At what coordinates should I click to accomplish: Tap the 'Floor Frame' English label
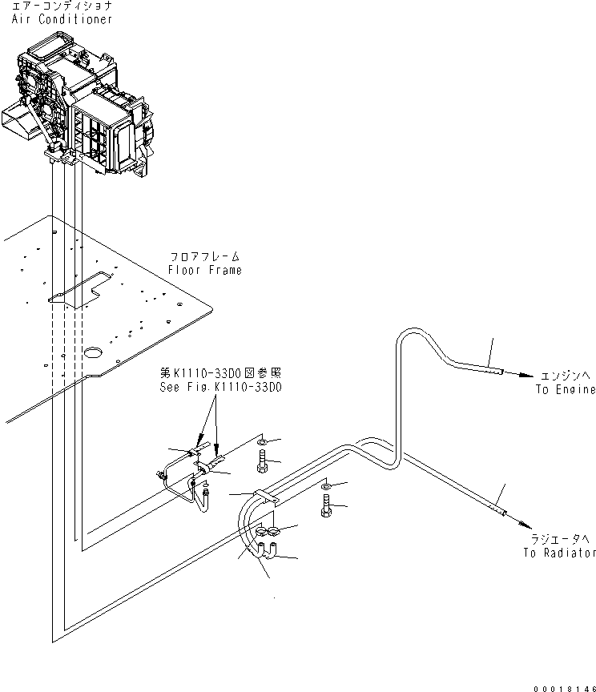[206, 271]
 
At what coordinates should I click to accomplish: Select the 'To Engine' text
[566, 389]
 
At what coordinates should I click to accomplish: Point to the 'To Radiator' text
[560, 553]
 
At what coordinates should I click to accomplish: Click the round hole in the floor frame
[93, 352]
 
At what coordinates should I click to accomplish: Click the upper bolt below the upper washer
[264, 461]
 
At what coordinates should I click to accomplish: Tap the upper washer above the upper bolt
[263, 441]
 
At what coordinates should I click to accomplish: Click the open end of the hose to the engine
[500, 371]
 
